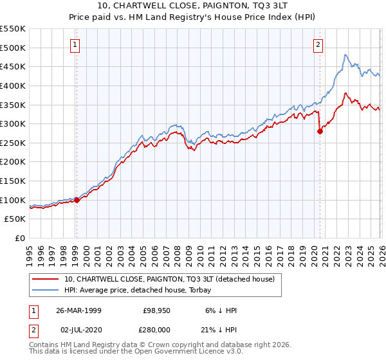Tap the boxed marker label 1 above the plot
(75, 44)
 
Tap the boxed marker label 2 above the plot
(318, 44)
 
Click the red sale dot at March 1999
(77, 200)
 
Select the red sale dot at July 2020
(320, 131)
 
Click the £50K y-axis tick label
(15, 219)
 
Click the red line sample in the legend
(45, 279)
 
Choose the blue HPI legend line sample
(45, 289)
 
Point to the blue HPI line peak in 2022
(345, 55)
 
